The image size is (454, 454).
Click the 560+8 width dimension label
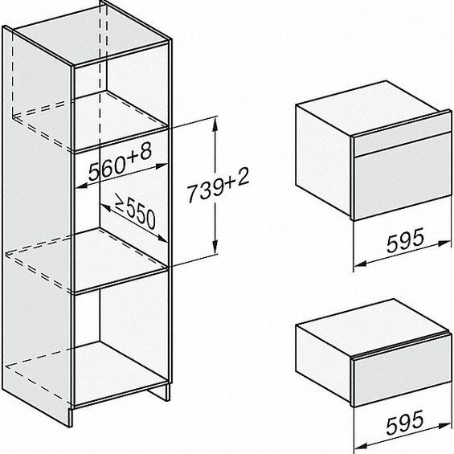(120, 163)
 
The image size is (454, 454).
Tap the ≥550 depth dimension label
(136, 211)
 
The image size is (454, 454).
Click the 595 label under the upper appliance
(405, 240)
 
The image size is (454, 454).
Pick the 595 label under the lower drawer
(405, 423)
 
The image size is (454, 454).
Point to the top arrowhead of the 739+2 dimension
(215, 123)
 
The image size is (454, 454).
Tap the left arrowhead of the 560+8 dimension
(81, 186)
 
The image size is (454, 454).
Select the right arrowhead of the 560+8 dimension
(162, 166)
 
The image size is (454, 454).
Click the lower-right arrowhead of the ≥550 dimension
(162, 239)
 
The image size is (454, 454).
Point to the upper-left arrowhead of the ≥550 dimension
(106, 207)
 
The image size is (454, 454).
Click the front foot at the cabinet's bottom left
(70, 417)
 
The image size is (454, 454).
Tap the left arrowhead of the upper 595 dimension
(361, 264)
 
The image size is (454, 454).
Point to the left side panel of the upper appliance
(323, 160)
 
